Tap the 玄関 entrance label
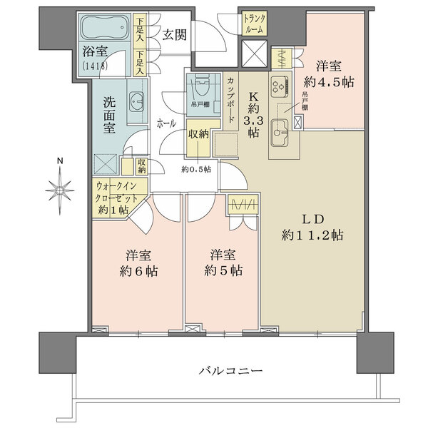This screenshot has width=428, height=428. click(x=174, y=34)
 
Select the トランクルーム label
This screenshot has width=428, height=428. click(x=255, y=24)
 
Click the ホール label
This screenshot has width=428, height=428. click(x=167, y=123)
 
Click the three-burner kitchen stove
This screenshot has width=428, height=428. click(x=278, y=86)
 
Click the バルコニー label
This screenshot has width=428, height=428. click(x=230, y=371)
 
